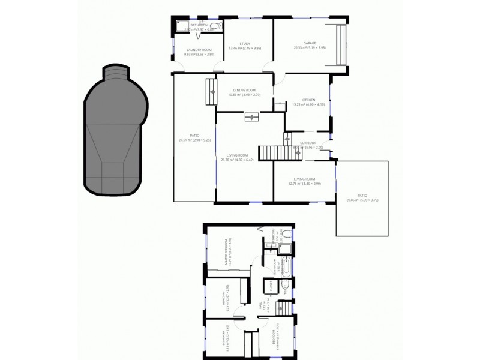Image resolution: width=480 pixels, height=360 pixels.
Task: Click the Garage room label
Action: pyautogui.click(x=309, y=43)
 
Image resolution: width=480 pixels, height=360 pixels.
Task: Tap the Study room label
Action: pyautogui.click(x=244, y=44)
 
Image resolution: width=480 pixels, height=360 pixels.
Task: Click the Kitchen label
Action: pyautogui.click(x=308, y=100)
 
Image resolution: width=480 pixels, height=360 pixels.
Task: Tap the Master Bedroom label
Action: pyautogui.click(x=226, y=252)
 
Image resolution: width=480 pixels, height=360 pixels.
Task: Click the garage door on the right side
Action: pyautogui.click(x=341, y=46)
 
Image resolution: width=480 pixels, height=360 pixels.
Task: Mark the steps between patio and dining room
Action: pyautogui.click(x=211, y=91)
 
